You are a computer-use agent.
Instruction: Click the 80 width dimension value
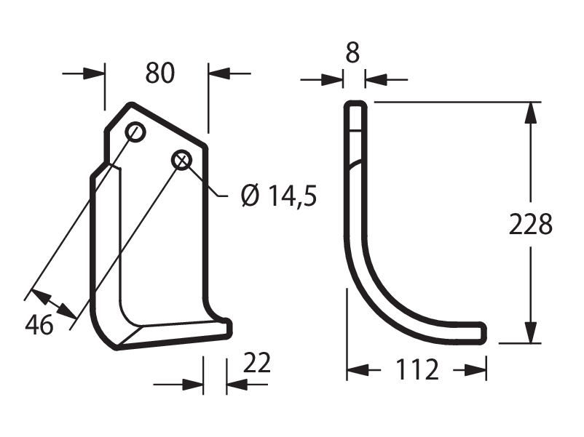(159, 73)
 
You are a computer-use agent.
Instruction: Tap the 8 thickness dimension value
(352, 53)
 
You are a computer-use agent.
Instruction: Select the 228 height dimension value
(530, 224)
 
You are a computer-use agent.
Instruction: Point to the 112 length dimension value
(417, 369)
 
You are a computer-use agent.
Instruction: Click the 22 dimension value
(256, 363)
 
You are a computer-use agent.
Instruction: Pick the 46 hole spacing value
(39, 325)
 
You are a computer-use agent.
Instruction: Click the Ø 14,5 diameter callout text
(279, 196)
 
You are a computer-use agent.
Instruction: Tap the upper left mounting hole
(135, 132)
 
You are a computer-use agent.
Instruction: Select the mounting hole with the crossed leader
(181, 160)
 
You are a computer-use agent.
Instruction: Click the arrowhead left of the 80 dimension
(94, 73)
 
